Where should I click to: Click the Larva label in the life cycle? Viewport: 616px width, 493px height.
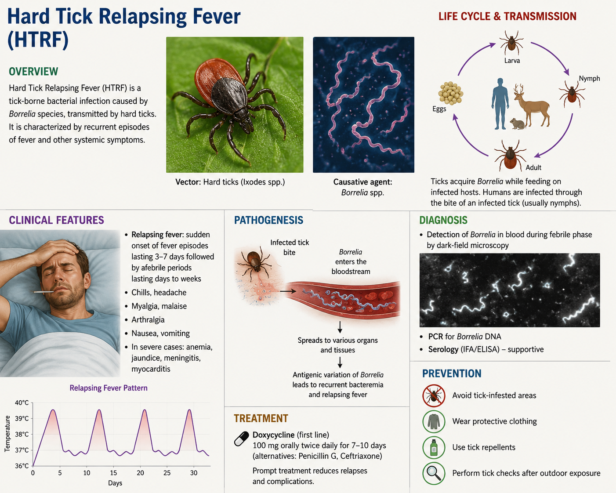tap(512, 61)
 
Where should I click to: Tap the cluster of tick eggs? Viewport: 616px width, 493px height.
tap(451, 93)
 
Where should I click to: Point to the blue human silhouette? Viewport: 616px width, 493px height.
tap(500, 104)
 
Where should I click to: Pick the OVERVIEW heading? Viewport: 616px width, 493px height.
tap(33, 72)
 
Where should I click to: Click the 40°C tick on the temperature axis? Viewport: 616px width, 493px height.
tap(22, 403)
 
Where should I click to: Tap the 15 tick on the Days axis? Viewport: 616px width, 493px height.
tap(113, 473)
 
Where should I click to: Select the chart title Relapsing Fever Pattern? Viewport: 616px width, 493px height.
tap(109, 388)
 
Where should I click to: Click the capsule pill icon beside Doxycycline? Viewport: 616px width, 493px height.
tap(242, 439)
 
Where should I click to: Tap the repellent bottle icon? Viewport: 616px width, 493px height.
tap(434, 447)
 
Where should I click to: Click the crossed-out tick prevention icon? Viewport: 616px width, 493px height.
tap(434, 395)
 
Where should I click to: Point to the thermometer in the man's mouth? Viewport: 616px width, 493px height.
tap(43, 292)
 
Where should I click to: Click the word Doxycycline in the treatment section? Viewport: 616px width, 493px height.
tap(273, 435)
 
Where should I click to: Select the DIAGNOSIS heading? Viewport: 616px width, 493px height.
tap(443, 220)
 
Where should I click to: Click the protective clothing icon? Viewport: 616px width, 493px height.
tap(434, 421)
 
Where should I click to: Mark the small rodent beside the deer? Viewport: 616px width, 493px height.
tap(518, 123)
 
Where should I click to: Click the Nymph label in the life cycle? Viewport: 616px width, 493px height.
tap(589, 79)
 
